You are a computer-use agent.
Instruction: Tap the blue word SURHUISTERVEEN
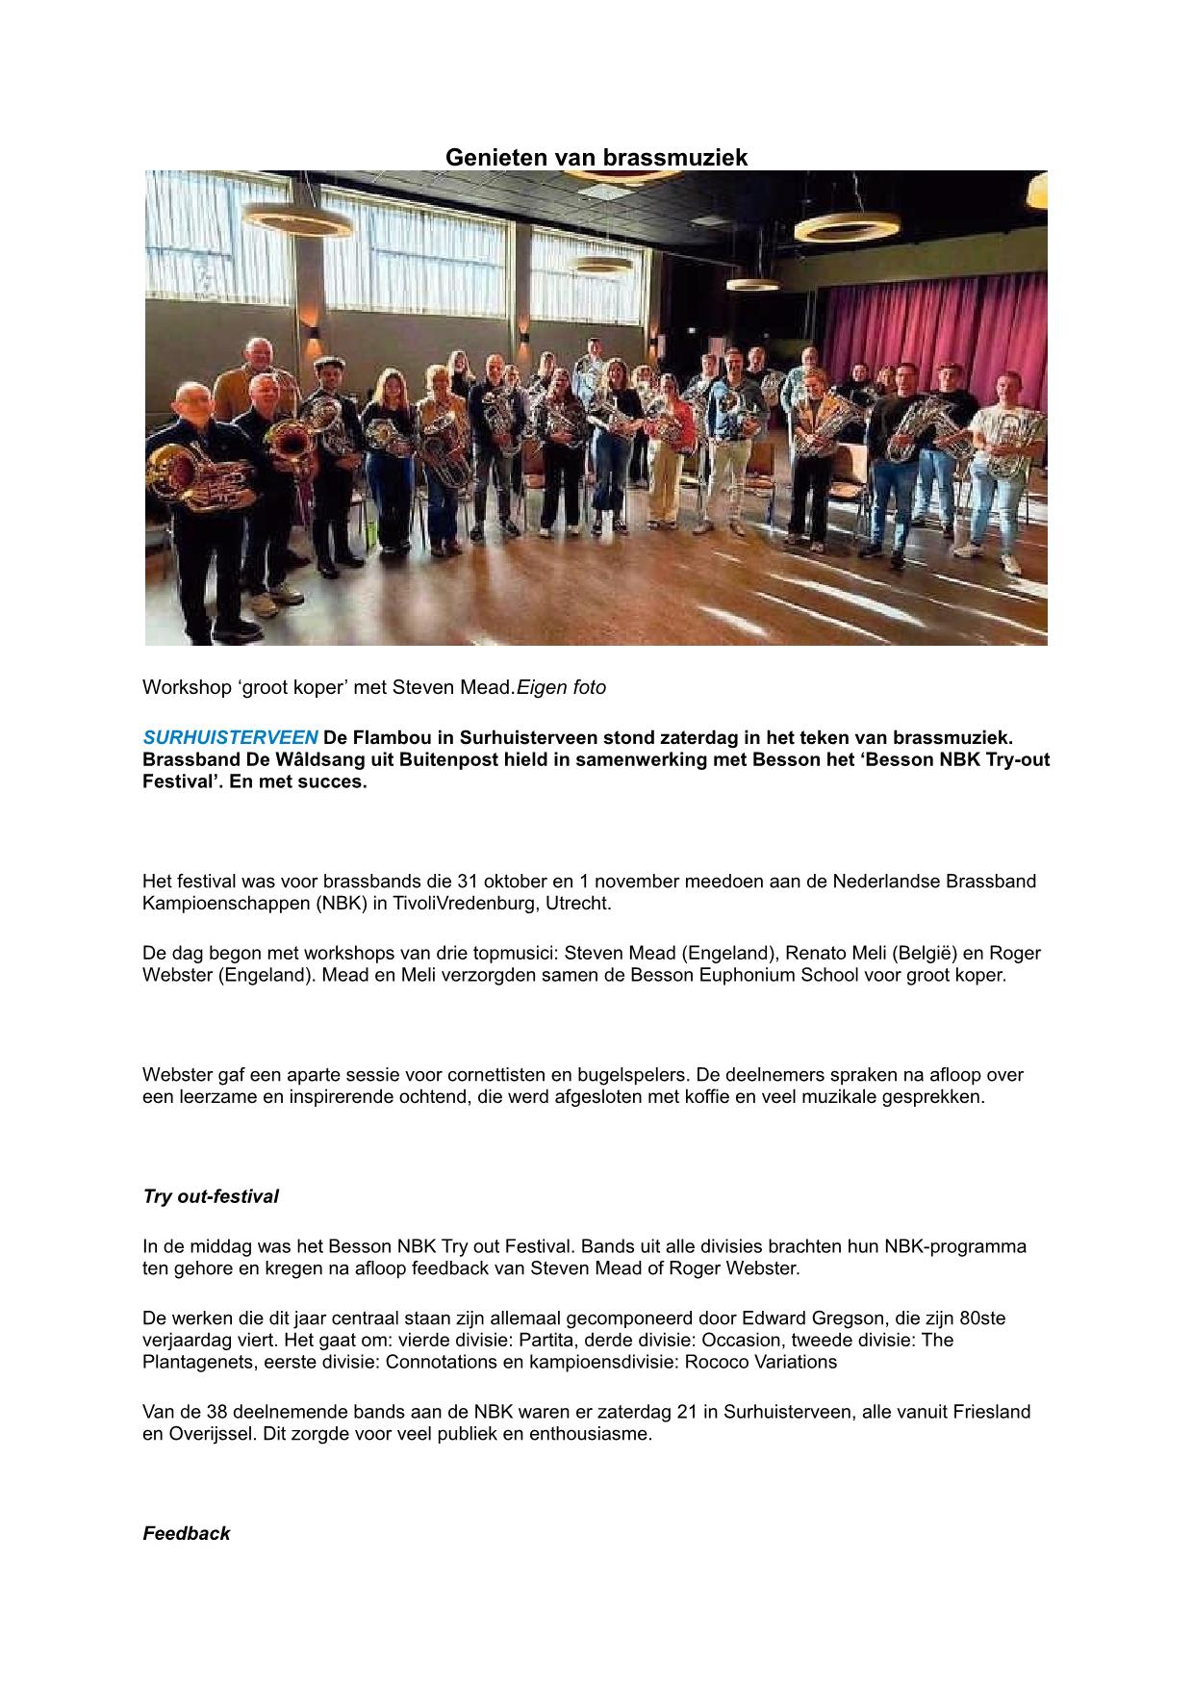point(230,738)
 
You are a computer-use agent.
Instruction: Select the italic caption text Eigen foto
point(562,688)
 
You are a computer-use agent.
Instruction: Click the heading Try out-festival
point(211,1197)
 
